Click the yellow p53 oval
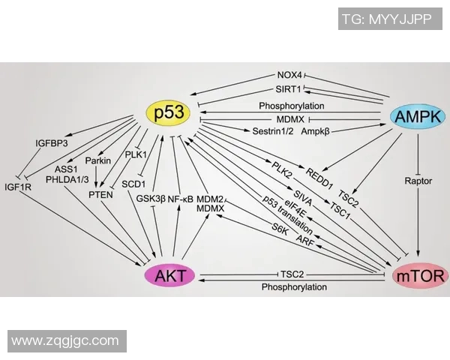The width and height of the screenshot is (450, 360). coord(169,113)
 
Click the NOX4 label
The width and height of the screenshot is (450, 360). coord(289,76)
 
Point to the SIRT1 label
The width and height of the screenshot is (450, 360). coord(288,90)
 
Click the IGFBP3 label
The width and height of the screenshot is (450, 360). coord(52,142)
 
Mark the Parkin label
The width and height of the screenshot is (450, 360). coord(97,160)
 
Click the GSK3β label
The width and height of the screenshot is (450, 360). coord(150,199)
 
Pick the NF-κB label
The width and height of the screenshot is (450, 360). coord(181,199)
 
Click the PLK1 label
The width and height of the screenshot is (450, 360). coord(136,155)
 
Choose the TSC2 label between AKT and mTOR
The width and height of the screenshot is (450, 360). coord(291,274)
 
